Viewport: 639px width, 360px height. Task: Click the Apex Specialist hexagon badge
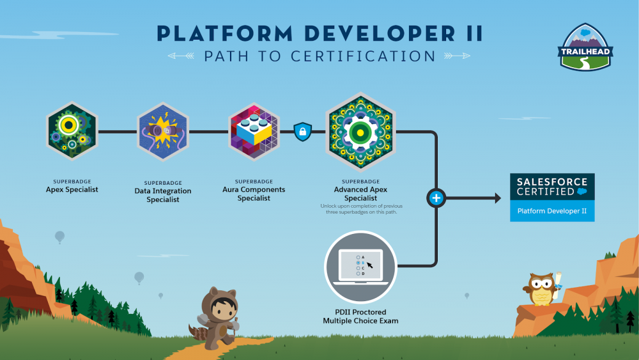pyautogui.click(x=72, y=131)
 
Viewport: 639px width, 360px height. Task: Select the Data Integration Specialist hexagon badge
pyautogui.click(x=163, y=132)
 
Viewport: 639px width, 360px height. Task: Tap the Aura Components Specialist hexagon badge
pyautogui.click(x=254, y=132)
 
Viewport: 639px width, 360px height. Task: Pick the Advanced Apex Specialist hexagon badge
pyautogui.click(x=360, y=132)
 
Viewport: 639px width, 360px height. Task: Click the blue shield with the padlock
pyautogui.click(x=303, y=132)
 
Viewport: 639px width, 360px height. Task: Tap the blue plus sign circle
pyautogui.click(x=436, y=198)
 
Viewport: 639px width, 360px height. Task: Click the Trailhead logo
pyautogui.click(x=585, y=47)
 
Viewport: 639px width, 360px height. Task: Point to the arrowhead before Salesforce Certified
pyautogui.click(x=498, y=198)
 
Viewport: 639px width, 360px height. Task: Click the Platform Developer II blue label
pyautogui.click(x=552, y=211)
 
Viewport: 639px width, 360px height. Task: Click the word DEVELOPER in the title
pyautogui.click(x=380, y=33)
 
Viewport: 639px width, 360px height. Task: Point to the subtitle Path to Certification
pyautogui.click(x=320, y=56)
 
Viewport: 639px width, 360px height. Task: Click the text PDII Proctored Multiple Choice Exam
pyautogui.click(x=360, y=317)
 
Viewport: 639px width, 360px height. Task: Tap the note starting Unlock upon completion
pyautogui.click(x=361, y=208)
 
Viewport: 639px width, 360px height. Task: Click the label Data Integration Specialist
pyautogui.click(x=163, y=195)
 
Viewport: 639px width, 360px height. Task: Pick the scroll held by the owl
pyautogui.click(x=557, y=281)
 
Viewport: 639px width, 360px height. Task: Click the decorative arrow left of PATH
pyautogui.click(x=181, y=56)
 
